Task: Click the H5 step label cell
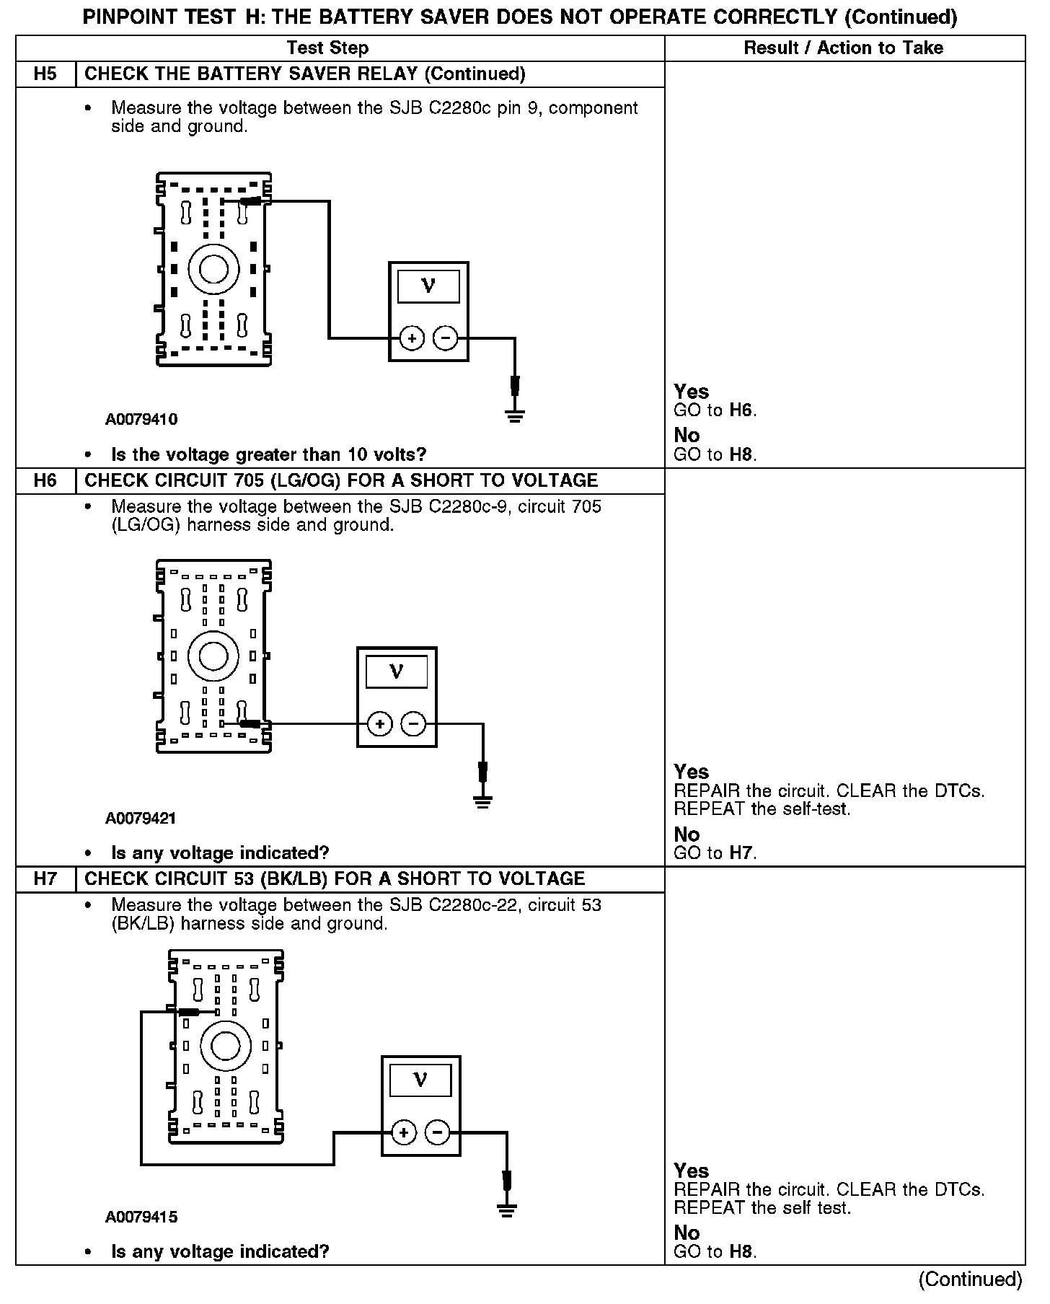pos(45,74)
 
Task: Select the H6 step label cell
pos(45,480)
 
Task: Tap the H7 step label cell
pos(45,878)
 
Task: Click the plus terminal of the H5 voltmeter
pos(412,338)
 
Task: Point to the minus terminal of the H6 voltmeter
pos(413,723)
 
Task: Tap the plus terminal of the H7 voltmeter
pos(404,1132)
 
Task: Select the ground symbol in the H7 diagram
pos(507,1210)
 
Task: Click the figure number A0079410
pos(141,419)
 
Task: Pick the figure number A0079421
pos(141,818)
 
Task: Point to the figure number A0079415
pos(141,1217)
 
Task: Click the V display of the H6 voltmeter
pos(397,672)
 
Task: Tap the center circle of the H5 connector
pos(213,269)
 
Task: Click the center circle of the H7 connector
pos(225,1045)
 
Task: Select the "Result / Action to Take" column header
pos(843,48)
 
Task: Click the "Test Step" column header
pos(327,48)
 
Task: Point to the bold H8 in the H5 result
pos(742,454)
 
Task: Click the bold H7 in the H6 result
pos(742,853)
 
